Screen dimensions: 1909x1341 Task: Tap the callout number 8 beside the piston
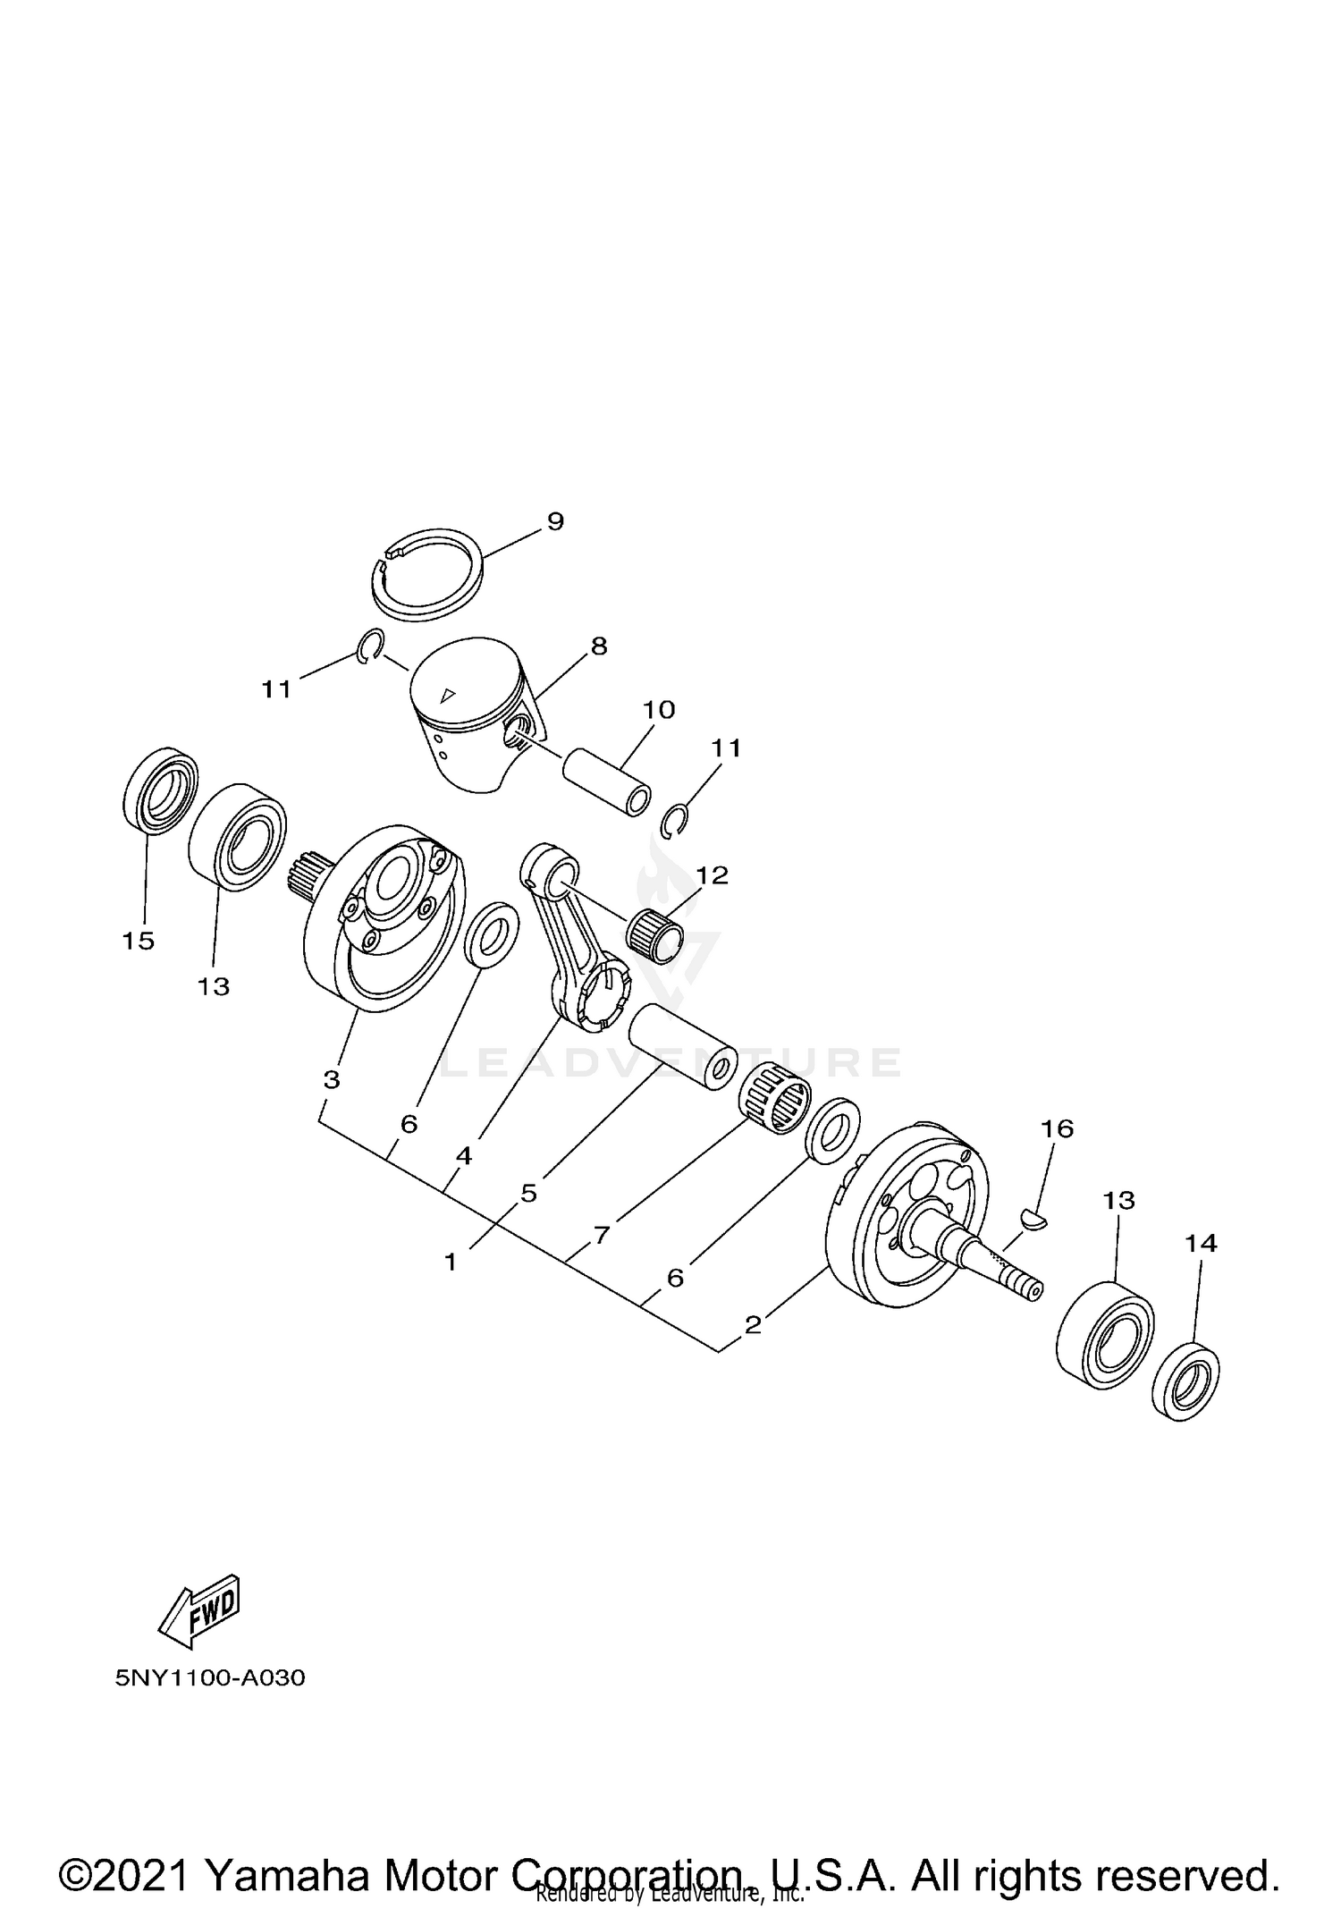[599, 646]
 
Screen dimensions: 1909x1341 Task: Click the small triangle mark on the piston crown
[448, 695]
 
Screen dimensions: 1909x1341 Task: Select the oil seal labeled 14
[1185, 1380]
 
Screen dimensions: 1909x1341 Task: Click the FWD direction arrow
[198, 1611]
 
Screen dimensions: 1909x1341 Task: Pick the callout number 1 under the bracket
[451, 1262]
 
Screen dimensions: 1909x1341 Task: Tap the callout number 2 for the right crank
[753, 1324]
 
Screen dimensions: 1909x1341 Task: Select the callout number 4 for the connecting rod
[463, 1156]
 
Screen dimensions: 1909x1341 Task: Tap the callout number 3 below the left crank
[332, 1079]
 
